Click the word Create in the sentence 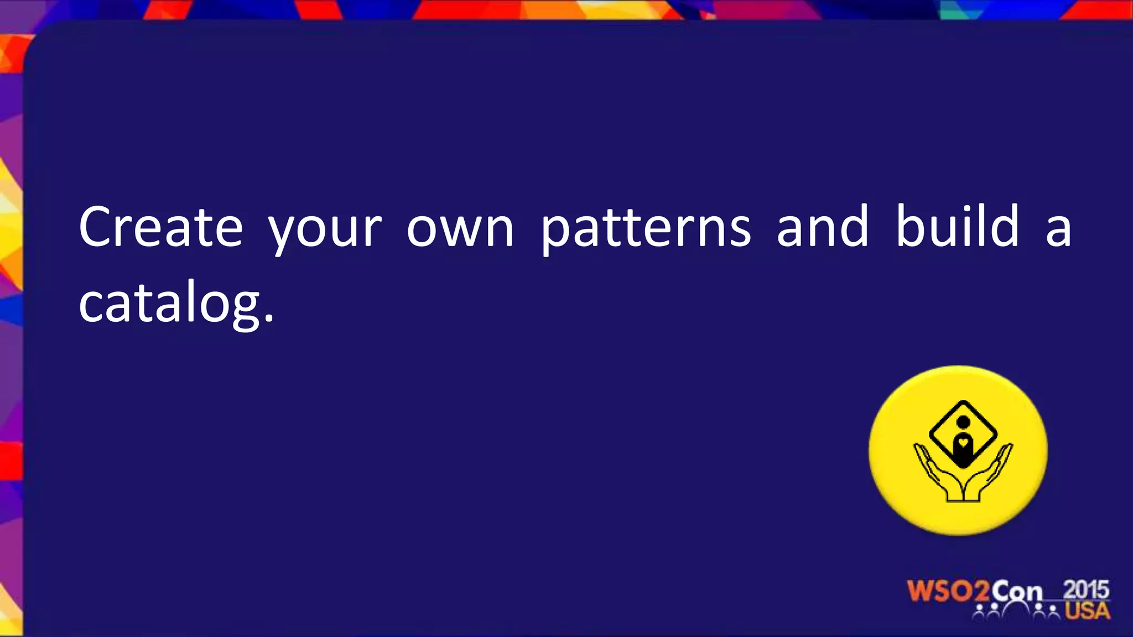[x=161, y=227]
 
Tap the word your [x=325, y=229]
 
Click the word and [x=823, y=226]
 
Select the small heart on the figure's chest [x=963, y=442]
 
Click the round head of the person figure [x=963, y=422]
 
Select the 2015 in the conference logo [x=1087, y=589]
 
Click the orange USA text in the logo [x=1088, y=611]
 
